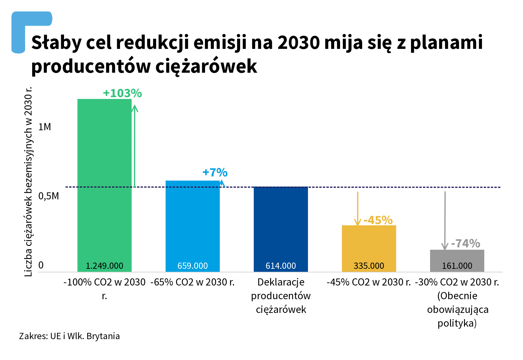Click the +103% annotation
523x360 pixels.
pyautogui.click(x=122, y=93)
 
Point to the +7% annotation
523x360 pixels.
pyautogui.click(x=215, y=173)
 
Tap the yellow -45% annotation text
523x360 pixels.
pyautogui.click(x=378, y=220)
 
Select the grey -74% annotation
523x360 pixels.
pyautogui.click(x=466, y=243)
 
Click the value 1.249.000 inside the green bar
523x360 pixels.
pyautogui.click(x=104, y=266)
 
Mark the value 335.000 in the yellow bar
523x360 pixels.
pyautogui.click(x=369, y=266)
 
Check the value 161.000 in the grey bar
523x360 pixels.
pyautogui.click(x=457, y=266)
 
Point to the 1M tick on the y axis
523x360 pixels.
pyautogui.click(x=45, y=127)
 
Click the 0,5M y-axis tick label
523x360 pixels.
pyautogui.click(x=49, y=196)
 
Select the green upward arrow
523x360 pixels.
pyautogui.click(x=135, y=146)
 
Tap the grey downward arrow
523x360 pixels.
pyautogui.click(x=445, y=221)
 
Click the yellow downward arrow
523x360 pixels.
pyautogui.click(x=357, y=209)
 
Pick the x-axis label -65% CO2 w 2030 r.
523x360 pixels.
pyautogui.click(x=192, y=282)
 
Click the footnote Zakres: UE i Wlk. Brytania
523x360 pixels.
pyautogui.click(x=69, y=336)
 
